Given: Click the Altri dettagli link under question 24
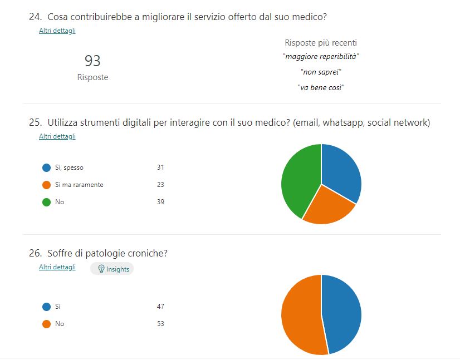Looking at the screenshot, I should [x=57, y=31].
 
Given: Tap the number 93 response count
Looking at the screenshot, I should [x=92, y=61].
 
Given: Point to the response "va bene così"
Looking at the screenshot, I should [x=321, y=87].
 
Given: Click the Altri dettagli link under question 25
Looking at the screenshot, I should [x=57, y=136].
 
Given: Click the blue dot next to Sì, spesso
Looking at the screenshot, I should [x=46, y=167].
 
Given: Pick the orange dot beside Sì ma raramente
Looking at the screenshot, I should [x=46, y=185].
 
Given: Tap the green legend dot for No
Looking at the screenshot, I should [x=46, y=202].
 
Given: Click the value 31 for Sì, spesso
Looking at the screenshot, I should [x=160, y=167].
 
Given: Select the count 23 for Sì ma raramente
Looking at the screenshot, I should [x=160, y=185].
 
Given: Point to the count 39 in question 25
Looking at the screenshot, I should [x=160, y=202].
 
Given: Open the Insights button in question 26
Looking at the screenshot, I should [x=112, y=269].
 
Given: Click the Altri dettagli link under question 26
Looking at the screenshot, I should [x=57, y=267].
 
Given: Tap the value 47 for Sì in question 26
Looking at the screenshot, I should [x=160, y=306].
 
